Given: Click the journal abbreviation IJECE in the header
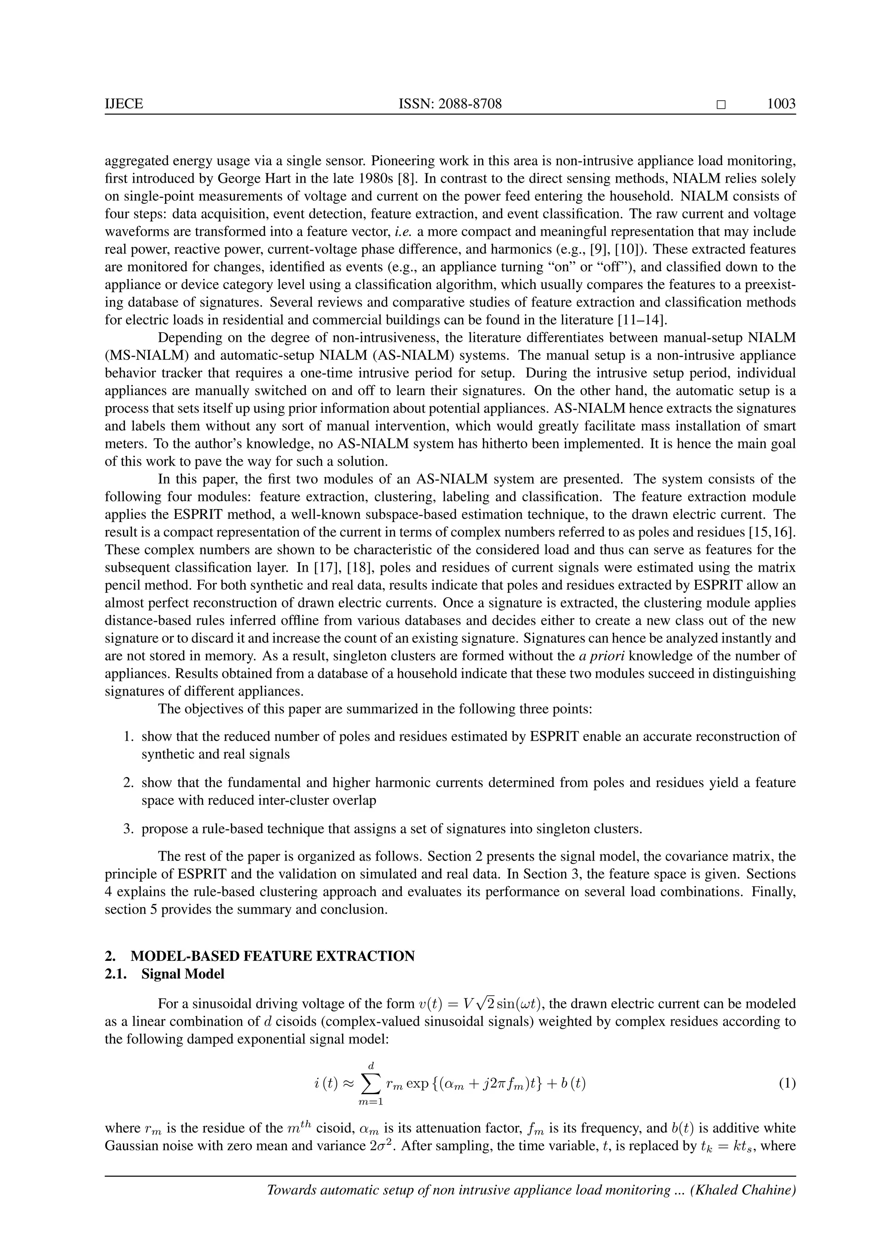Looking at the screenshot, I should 124,104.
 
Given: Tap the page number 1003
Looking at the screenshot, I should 781,104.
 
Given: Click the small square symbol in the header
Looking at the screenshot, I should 720,104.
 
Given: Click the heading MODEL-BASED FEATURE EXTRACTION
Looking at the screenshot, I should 272,955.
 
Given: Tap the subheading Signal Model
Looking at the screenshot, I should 183,974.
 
